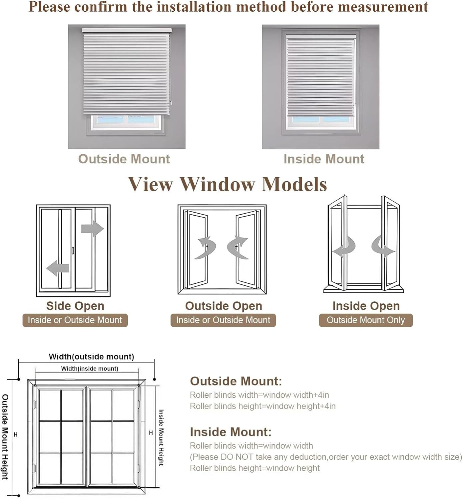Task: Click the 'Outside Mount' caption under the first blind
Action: coord(124,159)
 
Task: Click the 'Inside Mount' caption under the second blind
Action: coord(324,159)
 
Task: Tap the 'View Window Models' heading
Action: coord(228,184)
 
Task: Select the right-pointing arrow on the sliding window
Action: coord(93,229)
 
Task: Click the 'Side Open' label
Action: coord(75,306)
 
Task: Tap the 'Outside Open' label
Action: coord(224,306)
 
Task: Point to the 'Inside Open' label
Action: coord(366,306)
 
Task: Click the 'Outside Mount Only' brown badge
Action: coord(366,320)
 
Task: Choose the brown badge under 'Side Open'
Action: coord(75,320)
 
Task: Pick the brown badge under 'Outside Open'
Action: coord(223,320)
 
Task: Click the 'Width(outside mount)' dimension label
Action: coord(91,357)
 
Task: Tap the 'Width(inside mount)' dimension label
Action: coord(90,369)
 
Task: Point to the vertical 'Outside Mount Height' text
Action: coord(5,437)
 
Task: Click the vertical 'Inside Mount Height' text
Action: coord(161,437)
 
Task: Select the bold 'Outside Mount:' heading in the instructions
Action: coord(236,381)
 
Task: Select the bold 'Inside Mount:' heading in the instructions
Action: coord(231,432)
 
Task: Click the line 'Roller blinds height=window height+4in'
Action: coord(262,406)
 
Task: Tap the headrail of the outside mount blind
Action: coord(127,30)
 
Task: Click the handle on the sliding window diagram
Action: coord(73,250)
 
